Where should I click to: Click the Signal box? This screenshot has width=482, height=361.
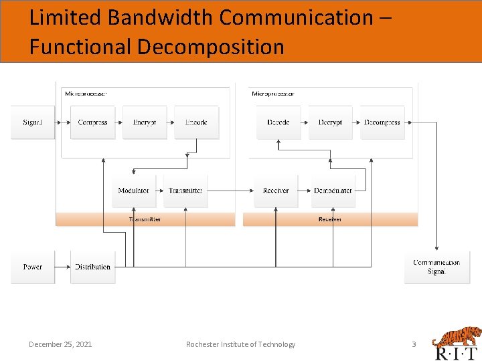point(32,122)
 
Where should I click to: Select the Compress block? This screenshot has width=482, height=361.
point(92,122)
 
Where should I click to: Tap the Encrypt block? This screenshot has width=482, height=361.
point(144,122)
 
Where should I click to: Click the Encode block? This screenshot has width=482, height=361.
point(196,122)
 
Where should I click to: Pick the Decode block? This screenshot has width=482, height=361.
point(278,122)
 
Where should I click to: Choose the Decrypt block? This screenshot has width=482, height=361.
point(330,122)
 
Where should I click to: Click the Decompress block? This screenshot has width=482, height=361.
point(382,122)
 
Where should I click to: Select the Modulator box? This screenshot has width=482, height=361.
point(133,191)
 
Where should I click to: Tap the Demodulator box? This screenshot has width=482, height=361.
point(333,191)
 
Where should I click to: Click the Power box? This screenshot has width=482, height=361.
point(32,267)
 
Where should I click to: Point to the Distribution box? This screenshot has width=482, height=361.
point(92,267)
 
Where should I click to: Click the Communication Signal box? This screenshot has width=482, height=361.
point(436,267)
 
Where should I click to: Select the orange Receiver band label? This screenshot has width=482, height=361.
point(330,219)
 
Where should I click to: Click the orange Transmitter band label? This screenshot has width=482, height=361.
point(145,219)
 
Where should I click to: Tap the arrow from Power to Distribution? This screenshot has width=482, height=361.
point(62,267)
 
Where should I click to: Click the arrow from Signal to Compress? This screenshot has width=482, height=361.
point(62,122)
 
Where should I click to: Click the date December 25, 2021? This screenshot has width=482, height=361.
point(60,344)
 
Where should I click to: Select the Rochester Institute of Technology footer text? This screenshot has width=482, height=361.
point(240,344)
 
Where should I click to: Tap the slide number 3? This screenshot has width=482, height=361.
point(413,344)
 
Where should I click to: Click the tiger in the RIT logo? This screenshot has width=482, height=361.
point(456,336)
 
